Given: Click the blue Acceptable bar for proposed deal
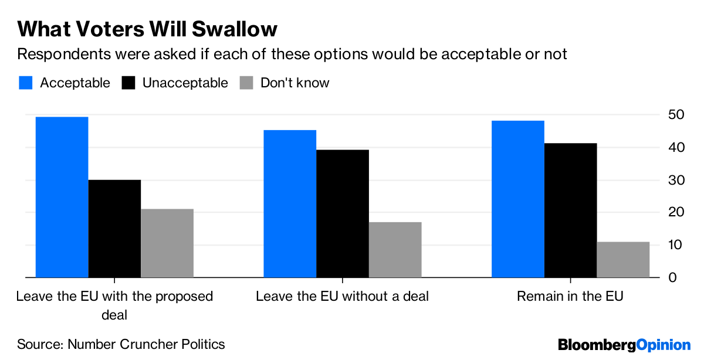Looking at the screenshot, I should (62, 197).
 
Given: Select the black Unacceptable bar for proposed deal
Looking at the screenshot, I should (114, 228).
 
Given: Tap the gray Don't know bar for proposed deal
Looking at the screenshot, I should (167, 243).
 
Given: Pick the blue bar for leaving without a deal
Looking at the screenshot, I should (290, 203).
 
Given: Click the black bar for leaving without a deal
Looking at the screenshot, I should (343, 213).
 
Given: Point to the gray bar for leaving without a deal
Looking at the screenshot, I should (395, 249).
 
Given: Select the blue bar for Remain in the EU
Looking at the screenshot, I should (517, 199).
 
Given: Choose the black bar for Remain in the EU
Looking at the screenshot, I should (570, 210).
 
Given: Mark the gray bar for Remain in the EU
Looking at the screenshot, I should (623, 259).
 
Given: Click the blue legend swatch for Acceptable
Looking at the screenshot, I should (25, 83).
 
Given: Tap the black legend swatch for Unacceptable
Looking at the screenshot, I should (128, 83).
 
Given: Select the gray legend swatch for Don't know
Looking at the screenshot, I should (246, 83).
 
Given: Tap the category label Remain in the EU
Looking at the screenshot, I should (570, 297).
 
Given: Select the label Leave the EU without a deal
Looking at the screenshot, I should (342, 297).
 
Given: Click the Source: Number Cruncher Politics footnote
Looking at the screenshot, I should (121, 344).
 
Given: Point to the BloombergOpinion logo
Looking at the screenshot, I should (624, 345).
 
